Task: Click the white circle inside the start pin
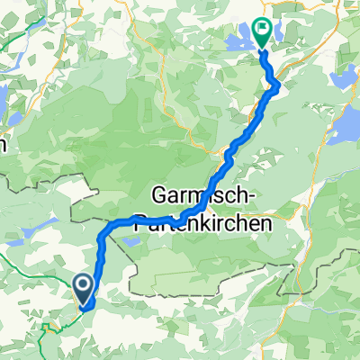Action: (x=84, y=285)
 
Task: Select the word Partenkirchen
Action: (x=191, y=219)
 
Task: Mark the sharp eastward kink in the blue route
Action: (x=275, y=85)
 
